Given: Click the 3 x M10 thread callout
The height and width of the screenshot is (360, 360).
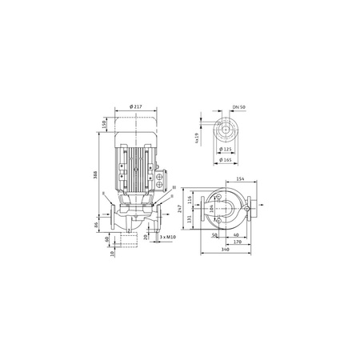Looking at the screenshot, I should click(x=168, y=238).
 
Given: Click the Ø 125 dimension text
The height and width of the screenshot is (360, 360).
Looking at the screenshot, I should click(x=225, y=150).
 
